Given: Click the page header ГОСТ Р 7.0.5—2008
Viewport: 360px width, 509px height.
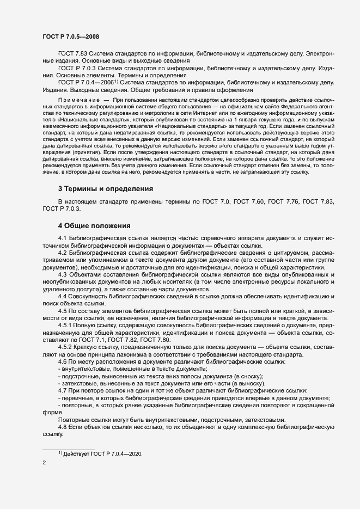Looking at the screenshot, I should point(70,36).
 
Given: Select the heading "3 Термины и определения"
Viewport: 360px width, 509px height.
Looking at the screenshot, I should point(105,188).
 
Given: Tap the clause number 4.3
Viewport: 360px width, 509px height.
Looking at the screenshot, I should point(62,274).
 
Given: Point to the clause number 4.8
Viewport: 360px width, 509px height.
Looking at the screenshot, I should point(62,428).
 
